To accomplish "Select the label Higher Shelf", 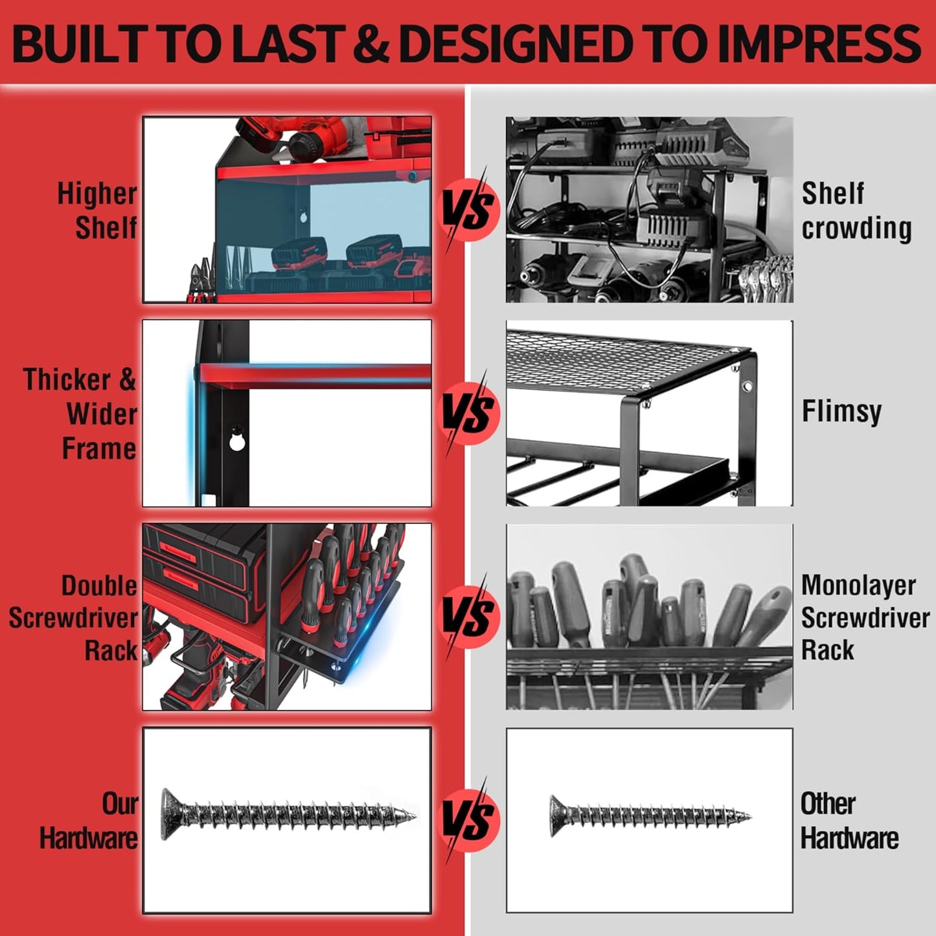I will coord(97,211).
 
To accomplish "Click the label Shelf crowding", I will coord(856,211).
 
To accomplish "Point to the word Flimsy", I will coord(841,411).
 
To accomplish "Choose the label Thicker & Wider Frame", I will coord(81,414).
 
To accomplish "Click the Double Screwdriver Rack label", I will coord(74,617).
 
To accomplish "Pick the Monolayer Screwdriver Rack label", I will coord(865,617).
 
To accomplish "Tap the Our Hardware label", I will coord(89,821).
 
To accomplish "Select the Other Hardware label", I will coord(849,821).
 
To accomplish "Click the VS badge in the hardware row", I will coord(470,819).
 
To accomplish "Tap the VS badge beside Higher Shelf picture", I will coord(470,209).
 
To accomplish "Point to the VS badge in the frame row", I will coord(470,413).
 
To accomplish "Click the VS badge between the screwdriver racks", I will coord(470,616).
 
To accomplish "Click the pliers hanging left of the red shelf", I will coord(202,282).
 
